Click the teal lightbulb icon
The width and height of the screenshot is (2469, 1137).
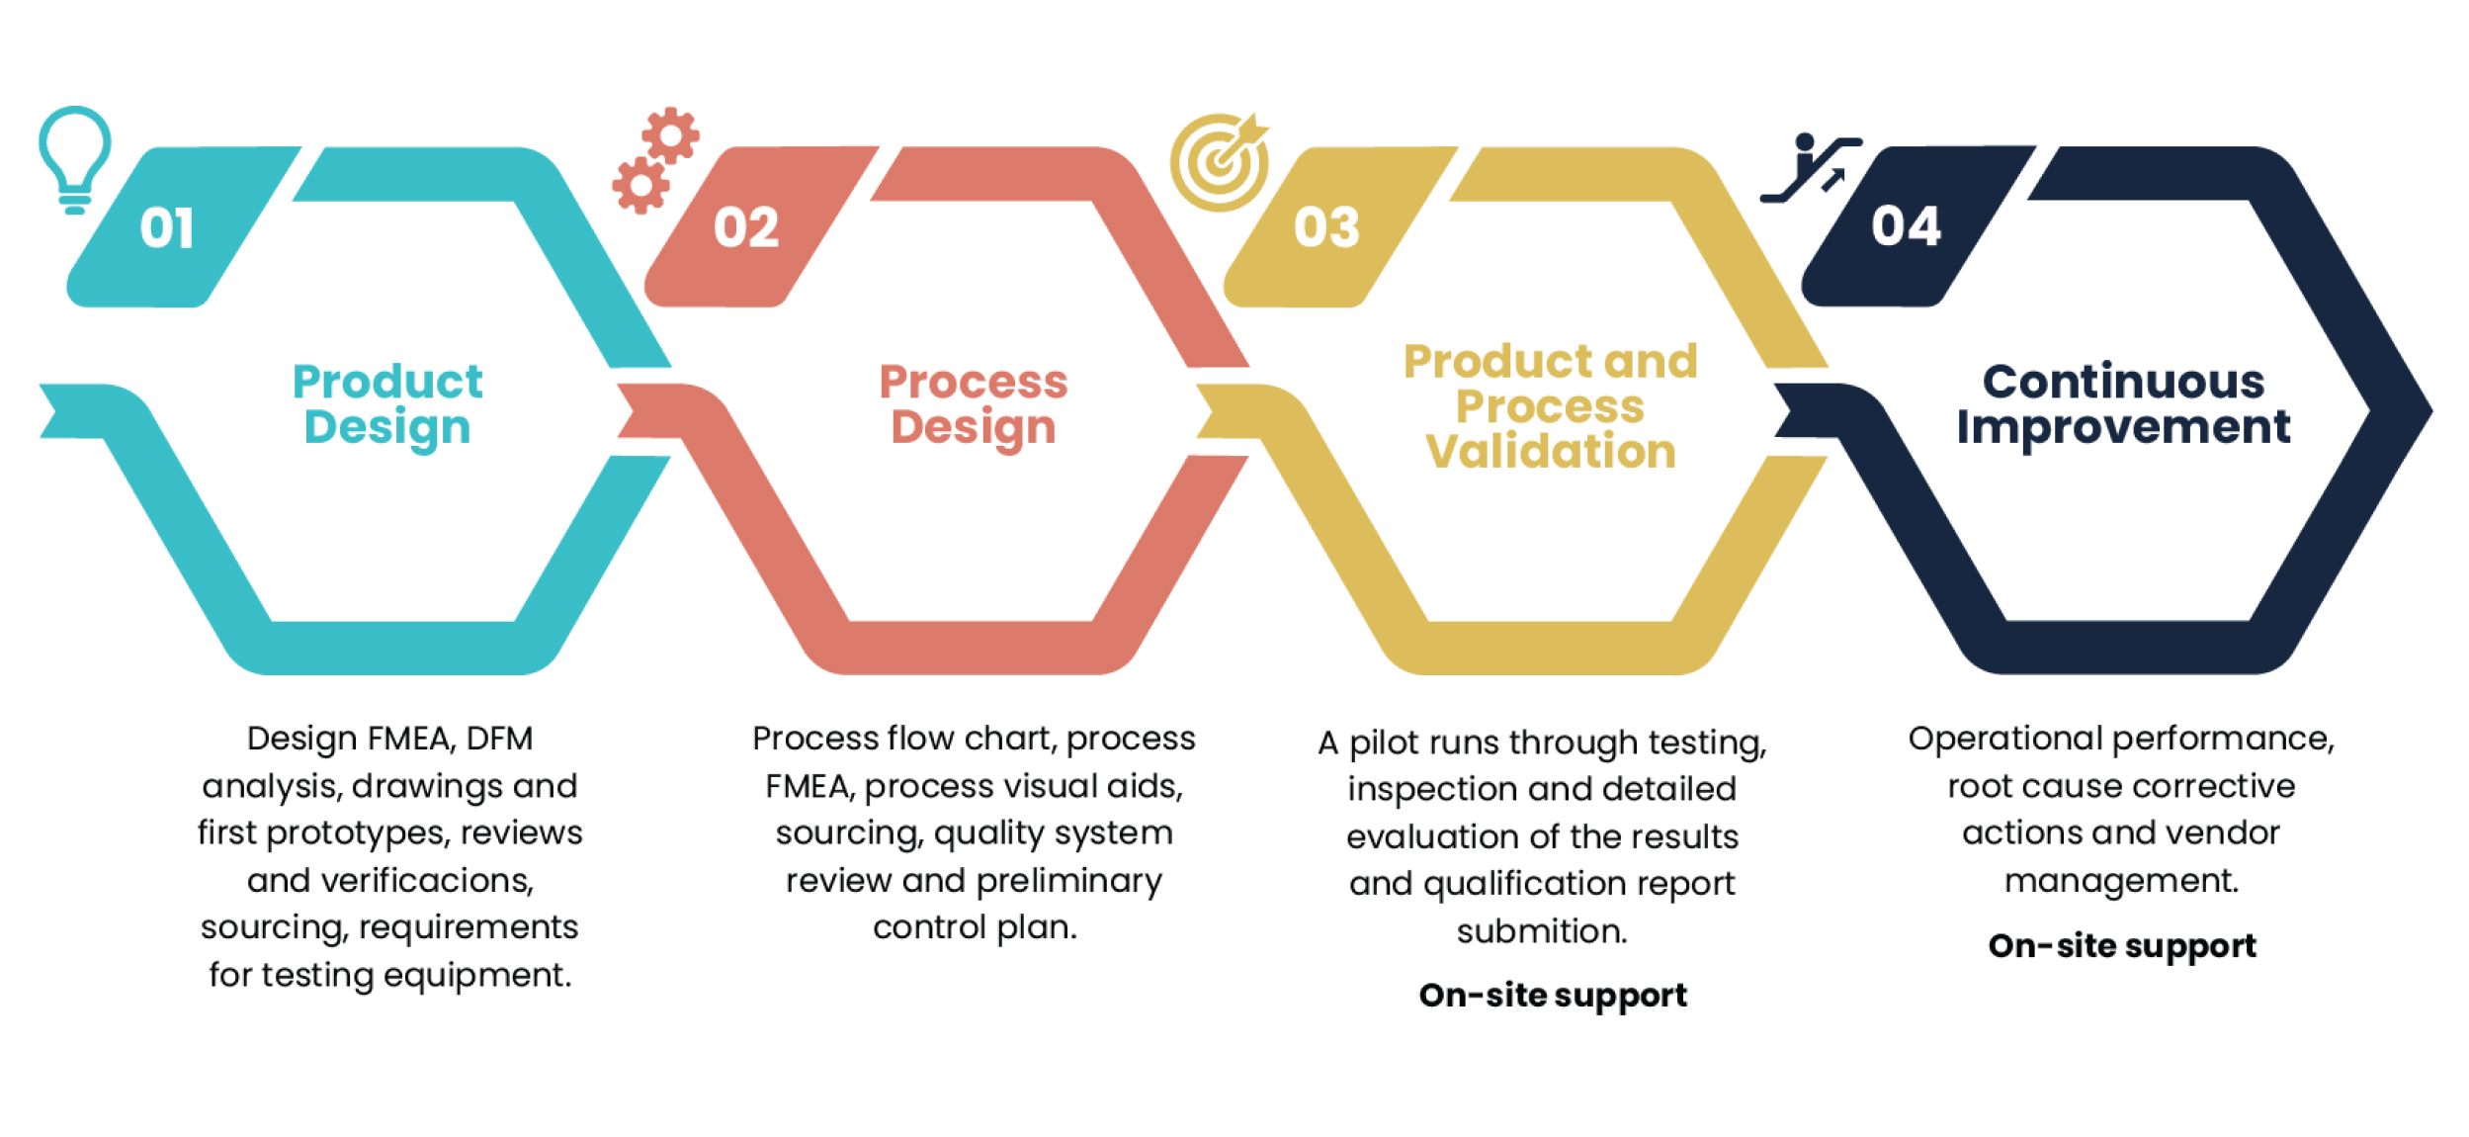point(74,158)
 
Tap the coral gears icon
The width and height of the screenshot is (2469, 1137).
point(655,160)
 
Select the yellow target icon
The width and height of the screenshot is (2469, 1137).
point(1220,162)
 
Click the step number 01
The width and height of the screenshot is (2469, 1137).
point(166,228)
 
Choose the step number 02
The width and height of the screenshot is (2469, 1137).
point(746,228)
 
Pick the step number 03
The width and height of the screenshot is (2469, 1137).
point(1326,228)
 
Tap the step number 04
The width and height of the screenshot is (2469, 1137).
point(1906,226)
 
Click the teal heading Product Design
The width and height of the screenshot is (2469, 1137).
point(387,404)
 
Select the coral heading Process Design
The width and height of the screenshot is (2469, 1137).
point(974,404)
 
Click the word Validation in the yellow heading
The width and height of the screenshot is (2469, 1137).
point(1551,452)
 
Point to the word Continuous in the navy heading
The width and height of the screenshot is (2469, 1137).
point(2123,382)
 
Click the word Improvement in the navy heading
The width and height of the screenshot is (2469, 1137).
point(2123,427)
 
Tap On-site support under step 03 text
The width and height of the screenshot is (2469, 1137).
point(1553,995)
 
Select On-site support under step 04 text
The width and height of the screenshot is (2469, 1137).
point(2122,946)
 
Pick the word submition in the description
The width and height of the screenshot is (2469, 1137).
point(1541,931)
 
